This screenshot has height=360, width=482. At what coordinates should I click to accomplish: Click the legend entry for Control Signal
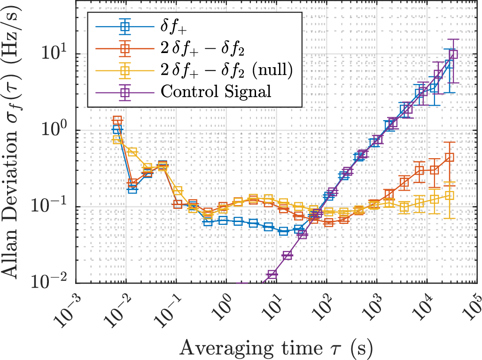click(216, 91)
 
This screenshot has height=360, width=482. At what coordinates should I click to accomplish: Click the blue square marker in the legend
click(124, 27)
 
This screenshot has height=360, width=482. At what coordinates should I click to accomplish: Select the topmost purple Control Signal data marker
click(453, 54)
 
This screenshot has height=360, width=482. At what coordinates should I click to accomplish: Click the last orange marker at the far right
click(450, 158)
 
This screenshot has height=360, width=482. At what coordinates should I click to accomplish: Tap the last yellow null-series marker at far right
click(450, 196)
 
